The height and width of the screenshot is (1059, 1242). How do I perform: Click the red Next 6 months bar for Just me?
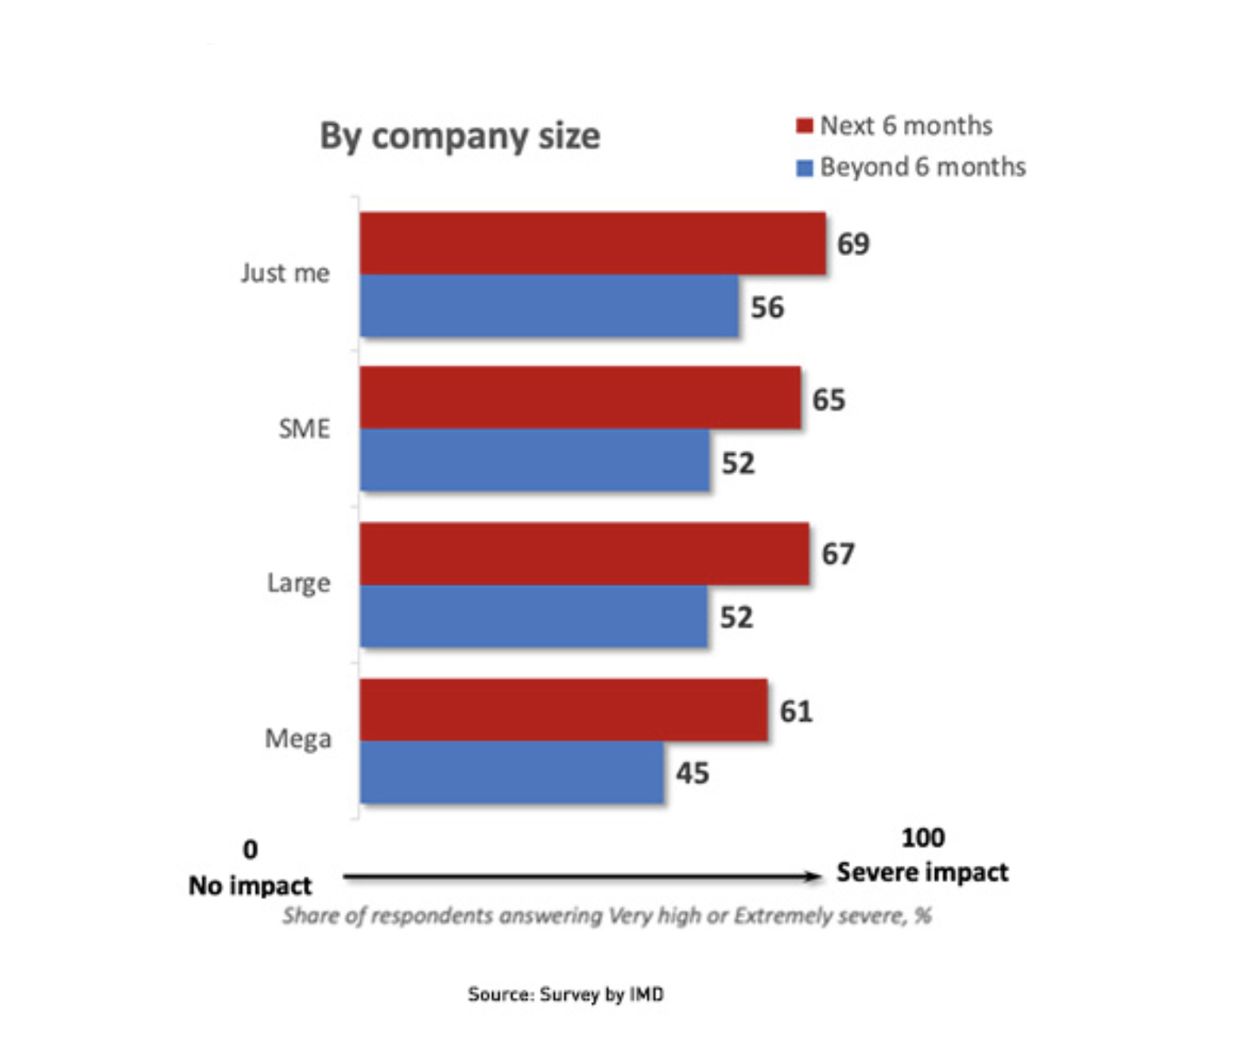pos(592,243)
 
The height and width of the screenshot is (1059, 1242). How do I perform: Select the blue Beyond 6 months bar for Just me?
pos(549,306)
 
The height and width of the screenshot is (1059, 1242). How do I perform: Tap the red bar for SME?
pos(580,398)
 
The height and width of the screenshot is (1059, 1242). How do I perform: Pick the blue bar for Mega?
pos(511,773)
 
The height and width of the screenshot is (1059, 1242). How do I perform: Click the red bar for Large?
pos(584,553)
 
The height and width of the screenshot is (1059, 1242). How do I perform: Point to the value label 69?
pos(853,243)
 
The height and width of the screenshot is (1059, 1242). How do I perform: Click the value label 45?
pos(693,773)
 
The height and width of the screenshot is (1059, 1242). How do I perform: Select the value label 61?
pos(796,711)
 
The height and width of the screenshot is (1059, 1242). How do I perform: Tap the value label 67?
pos(838,553)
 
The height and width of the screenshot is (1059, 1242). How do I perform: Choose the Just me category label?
pos(285,273)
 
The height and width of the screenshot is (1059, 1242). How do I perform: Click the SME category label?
pos(304,429)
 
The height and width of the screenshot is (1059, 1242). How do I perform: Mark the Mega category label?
pos(298,739)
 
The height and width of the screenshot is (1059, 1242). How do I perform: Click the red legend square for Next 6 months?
pos(805,126)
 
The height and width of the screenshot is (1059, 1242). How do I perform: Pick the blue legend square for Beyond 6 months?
pos(805,168)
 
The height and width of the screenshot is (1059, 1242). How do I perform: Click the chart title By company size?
pos(460,136)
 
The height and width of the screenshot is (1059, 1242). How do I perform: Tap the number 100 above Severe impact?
pos(922,837)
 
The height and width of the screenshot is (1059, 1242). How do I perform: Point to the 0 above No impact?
pos(250,849)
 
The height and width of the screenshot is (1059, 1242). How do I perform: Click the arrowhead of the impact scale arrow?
pos(813,876)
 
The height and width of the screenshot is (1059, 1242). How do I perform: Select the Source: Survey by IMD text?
pos(565,994)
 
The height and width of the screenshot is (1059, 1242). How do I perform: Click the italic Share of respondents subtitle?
pos(607,916)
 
